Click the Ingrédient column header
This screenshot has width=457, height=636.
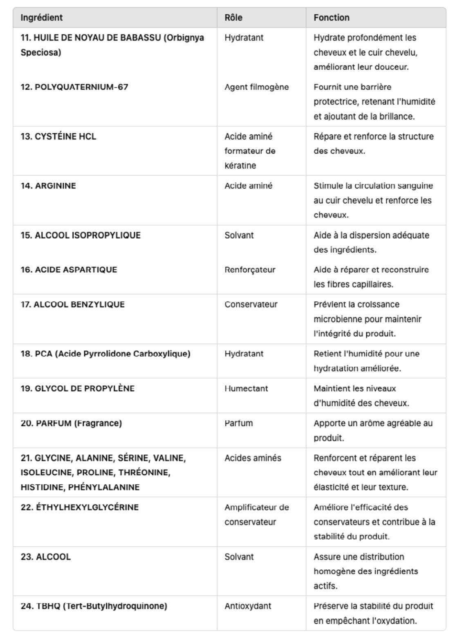point(42,18)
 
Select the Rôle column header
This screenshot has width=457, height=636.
point(233,18)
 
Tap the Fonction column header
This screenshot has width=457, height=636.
point(332,18)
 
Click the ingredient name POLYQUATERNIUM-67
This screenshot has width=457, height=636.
point(74,87)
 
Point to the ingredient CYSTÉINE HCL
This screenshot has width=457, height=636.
point(58,137)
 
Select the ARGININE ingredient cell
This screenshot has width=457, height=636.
point(48,186)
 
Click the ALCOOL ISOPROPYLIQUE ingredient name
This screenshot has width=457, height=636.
point(81,235)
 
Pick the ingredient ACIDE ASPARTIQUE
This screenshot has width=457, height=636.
point(69,270)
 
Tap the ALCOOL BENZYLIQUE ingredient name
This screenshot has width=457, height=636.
point(72,305)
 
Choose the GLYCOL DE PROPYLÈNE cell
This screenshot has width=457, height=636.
point(77,388)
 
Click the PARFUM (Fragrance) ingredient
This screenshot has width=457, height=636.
point(71,423)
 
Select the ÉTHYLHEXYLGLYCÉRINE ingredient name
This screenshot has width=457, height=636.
point(80,507)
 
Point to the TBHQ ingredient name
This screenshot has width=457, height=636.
point(94,606)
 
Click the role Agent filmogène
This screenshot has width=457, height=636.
point(257,87)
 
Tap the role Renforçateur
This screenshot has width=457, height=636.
point(250,270)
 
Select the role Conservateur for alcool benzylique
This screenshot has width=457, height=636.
point(251,305)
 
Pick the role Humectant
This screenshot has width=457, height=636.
point(246,388)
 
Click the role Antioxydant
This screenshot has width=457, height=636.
point(248,606)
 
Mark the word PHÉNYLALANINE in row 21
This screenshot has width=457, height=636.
point(104,487)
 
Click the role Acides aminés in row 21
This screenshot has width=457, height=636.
point(253,458)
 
